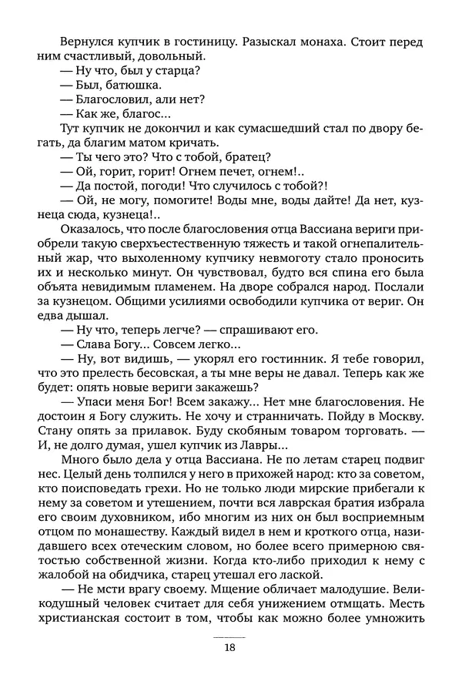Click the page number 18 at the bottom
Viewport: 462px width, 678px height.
(231, 648)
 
